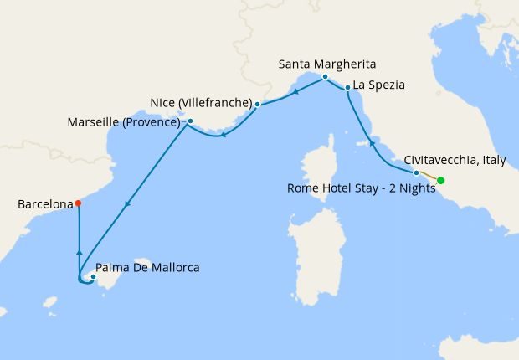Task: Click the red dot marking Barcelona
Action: tap(78, 203)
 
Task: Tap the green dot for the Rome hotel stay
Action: tap(440, 180)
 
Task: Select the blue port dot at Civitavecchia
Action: tap(416, 172)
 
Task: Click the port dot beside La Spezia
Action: tap(347, 88)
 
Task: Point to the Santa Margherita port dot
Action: tap(325, 76)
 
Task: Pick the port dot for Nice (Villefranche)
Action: tap(257, 105)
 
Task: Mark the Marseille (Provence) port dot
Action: tap(191, 121)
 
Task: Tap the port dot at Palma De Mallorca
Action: tap(93, 277)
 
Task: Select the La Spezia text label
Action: tap(379, 85)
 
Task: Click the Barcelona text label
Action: tap(43, 203)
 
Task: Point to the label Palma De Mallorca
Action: tap(148, 268)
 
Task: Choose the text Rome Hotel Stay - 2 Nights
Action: tap(362, 188)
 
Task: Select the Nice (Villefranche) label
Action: tap(201, 103)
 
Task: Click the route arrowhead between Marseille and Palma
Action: tap(126, 203)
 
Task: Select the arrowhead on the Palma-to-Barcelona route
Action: tap(79, 250)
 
